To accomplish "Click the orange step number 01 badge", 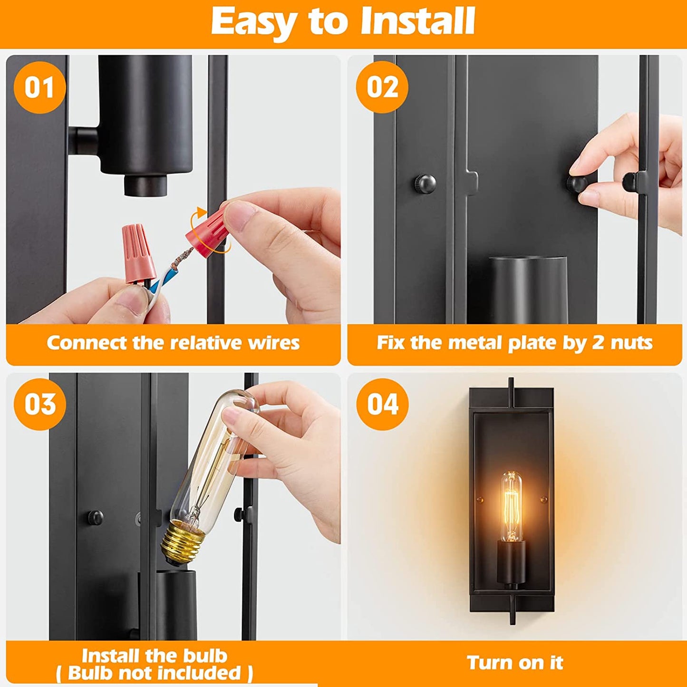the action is [x=39, y=87].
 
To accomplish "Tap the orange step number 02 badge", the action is [x=382, y=87].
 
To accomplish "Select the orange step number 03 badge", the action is [x=39, y=404].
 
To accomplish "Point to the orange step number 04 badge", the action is [x=382, y=404].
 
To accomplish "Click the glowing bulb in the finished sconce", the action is [x=511, y=506].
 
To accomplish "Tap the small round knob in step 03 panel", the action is [x=96, y=518].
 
